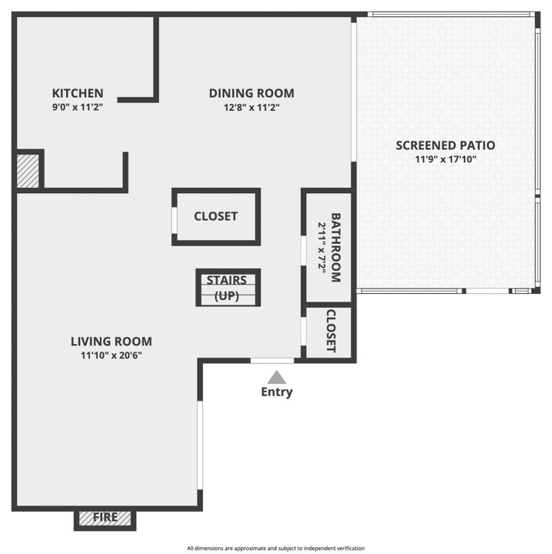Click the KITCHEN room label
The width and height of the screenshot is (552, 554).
(77, 93)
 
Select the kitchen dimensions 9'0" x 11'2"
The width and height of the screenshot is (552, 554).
(77, 108)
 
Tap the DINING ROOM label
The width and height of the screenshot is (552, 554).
(251, 93)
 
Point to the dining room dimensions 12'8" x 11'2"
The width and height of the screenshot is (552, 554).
(251, 108)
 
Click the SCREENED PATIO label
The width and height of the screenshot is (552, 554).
(445, 145)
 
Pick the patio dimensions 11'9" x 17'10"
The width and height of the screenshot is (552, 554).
(445, 159)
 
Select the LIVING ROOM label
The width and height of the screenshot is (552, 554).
(111, 341)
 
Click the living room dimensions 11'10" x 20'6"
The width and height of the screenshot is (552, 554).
(111, 355)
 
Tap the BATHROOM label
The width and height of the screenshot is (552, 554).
(336, 247)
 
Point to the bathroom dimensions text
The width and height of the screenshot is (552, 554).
(322, 247)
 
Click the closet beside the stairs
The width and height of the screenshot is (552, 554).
(215, 217)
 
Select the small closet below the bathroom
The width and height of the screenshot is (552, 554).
(331, 331)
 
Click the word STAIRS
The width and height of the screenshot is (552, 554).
(227, 280)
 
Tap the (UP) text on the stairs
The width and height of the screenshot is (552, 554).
(227, 295)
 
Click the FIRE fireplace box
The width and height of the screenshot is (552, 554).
(105, 518)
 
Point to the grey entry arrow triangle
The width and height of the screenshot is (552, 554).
(277, 377)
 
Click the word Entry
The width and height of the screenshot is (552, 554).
(277, 392)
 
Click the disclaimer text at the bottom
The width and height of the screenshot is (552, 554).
(276, 548)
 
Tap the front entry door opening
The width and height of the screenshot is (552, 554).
(272, 360)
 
